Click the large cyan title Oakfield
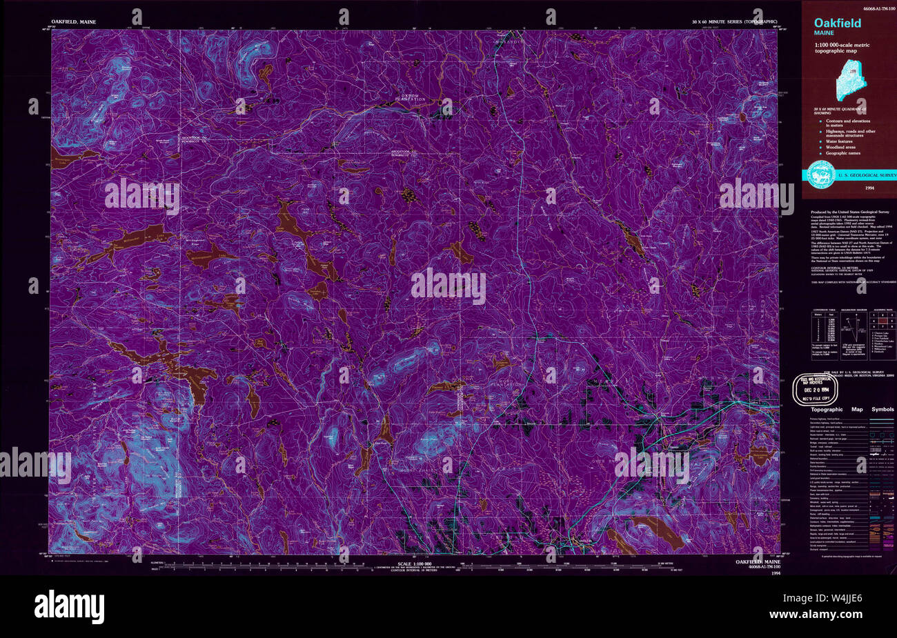[x=837, y=23]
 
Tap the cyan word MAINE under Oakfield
[x=823, y=32]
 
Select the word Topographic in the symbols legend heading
[x=827, y=410]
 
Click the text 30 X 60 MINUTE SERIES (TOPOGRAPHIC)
[x=735, y=23]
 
